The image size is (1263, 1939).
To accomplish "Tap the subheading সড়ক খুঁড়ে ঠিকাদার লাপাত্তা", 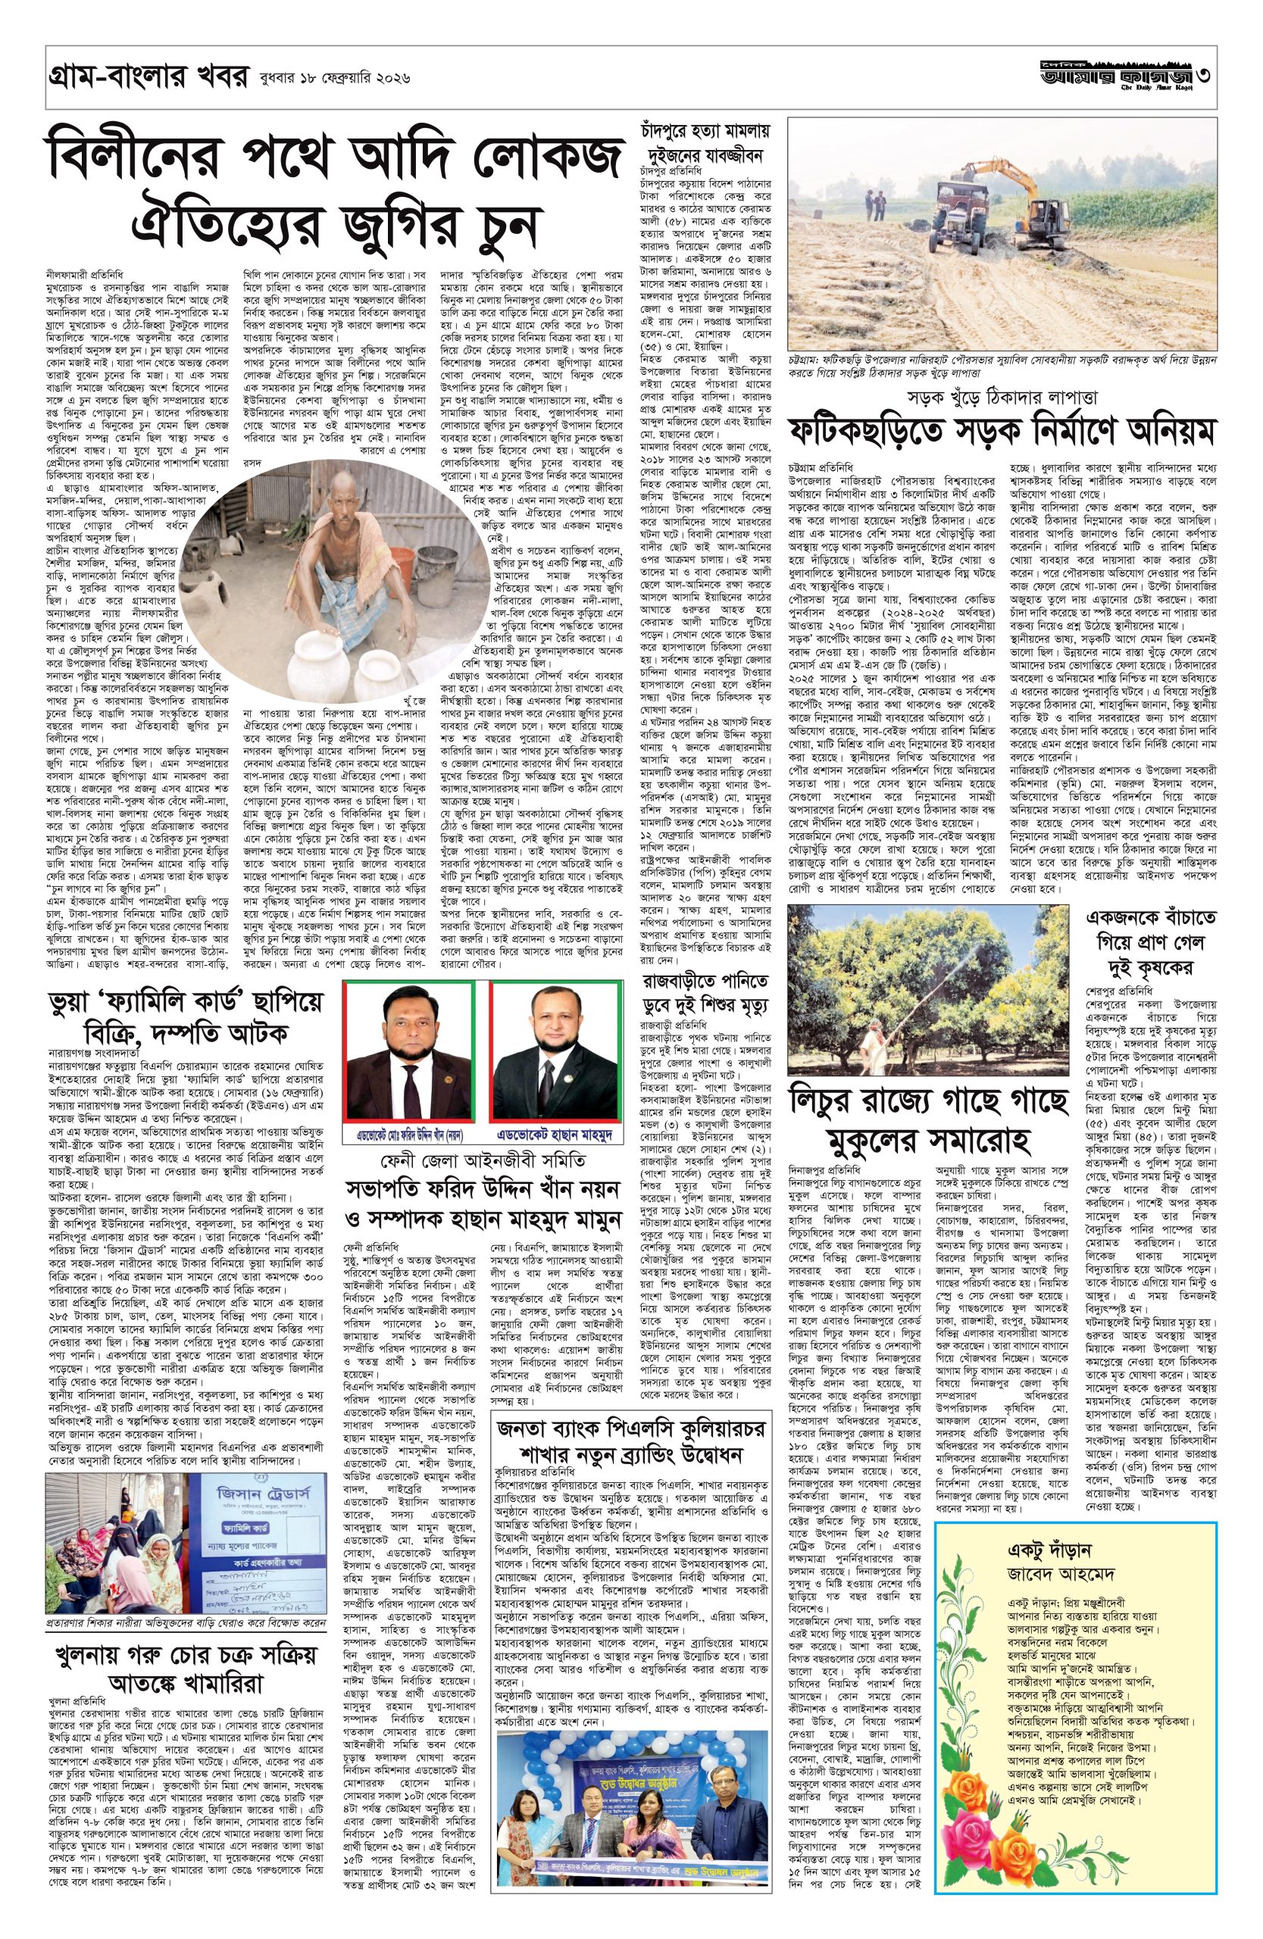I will [x=998, y=398].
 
